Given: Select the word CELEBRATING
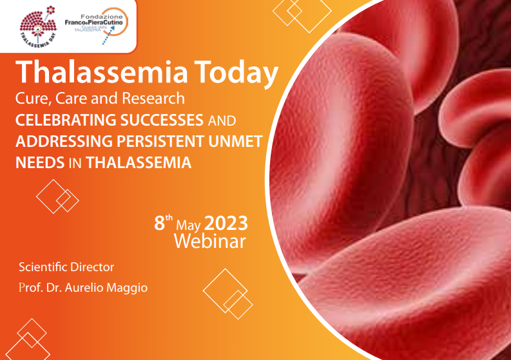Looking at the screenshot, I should coord(65,120).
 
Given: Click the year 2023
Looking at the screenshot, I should coord(226,223).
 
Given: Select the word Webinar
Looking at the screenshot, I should coord(209,242).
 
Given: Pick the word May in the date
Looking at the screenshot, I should coord(189,225).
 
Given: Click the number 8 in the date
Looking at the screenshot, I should coord(159,223).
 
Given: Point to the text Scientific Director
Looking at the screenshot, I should coord(66,267).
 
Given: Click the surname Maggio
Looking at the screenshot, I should coord(126,287).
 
